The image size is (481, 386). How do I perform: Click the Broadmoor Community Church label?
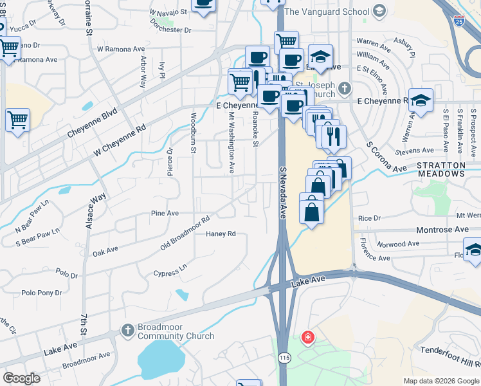pos(167,331)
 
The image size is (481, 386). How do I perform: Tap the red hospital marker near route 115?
pos(308,336)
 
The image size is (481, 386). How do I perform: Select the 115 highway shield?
pos(284,356)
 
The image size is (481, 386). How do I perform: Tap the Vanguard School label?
pos(327,12)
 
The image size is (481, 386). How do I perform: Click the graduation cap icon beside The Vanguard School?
pos(379,11)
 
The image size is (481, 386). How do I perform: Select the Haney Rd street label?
pos(221,234)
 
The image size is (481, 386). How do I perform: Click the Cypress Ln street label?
pos(170,270)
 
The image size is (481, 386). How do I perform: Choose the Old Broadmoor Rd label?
pos(185,234)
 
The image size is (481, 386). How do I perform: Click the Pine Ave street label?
pos(164,213)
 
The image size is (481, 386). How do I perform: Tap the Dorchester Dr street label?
pos(170,30)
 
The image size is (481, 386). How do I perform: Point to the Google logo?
pos(22,378)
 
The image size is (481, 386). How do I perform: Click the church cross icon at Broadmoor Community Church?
pos(127,331)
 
